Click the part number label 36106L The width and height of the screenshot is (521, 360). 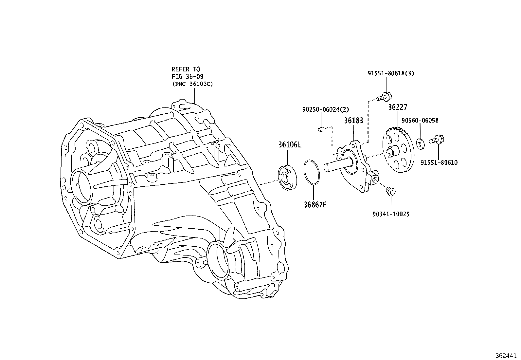point(290,144)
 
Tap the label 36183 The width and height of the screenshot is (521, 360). point(353,121)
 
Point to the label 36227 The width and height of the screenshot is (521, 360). point(398,107)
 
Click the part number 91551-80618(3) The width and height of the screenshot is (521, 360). point(390,73)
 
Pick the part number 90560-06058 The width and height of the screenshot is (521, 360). point(420,121)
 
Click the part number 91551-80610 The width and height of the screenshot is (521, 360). point(439,162)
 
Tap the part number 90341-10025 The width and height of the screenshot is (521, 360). point(391,214)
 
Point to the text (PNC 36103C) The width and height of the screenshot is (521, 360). point(192,84)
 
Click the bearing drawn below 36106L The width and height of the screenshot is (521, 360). point(287,178)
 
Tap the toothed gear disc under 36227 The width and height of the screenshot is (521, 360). point(398,149)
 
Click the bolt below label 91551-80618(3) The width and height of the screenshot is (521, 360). point(384,97)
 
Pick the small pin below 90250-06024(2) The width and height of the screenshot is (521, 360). point(321,129)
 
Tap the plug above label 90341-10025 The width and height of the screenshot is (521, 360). point(390,191)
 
